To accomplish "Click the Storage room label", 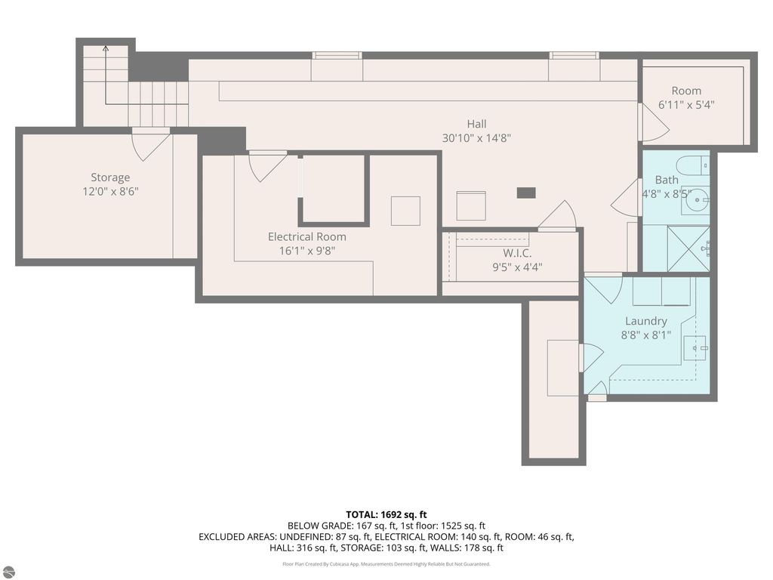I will pos(110,177).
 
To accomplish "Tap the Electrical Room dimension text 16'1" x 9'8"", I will pos(306,250).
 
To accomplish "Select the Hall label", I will pos(476,124).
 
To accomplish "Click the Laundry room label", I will pos(645,320).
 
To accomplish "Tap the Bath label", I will pos(666,180).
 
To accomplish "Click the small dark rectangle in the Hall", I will pos(526,193).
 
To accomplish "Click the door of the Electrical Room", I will pos(267,165).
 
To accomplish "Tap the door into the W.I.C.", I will pos(559,217).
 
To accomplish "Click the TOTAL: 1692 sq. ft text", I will pos(386,514).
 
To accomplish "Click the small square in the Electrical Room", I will pos(405,211).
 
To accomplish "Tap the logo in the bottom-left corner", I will pos(8,572).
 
